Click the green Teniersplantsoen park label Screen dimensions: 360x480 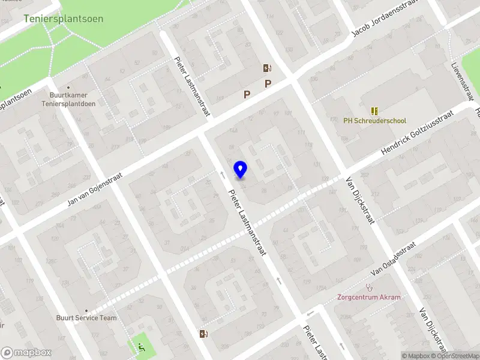pos(64,19)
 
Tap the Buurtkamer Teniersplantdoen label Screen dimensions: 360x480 pos(73,99)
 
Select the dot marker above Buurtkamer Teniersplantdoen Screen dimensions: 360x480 pos(68,87)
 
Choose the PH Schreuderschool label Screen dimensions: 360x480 pos(374,121)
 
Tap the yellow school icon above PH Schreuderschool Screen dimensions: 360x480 pos(374,111)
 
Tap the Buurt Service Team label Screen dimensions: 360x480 pos(86,318)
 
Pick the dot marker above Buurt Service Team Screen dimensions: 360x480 pos(86,310)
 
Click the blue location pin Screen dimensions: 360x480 pos(240,169)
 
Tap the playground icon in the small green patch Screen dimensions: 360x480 pos(142,346)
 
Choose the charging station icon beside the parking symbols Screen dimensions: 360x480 pos(266,68)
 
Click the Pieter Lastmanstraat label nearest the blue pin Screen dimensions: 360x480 pos(247,222)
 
